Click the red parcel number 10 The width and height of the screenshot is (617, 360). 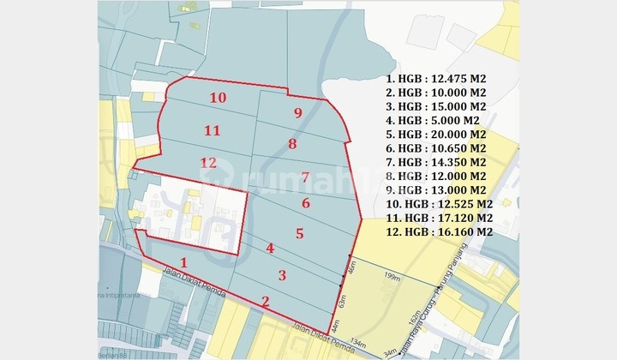[218, 99]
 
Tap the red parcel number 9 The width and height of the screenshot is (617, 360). [297, 113]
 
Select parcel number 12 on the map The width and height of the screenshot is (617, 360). [208, 163]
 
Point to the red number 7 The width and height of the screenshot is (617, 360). [306, 177]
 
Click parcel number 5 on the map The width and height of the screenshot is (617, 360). [299, 232]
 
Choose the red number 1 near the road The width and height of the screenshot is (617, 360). [183, 262]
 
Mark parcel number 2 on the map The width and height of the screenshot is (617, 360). [266, 300]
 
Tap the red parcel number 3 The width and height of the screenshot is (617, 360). [282, 275]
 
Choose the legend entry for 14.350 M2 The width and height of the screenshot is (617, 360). [437, 162]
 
